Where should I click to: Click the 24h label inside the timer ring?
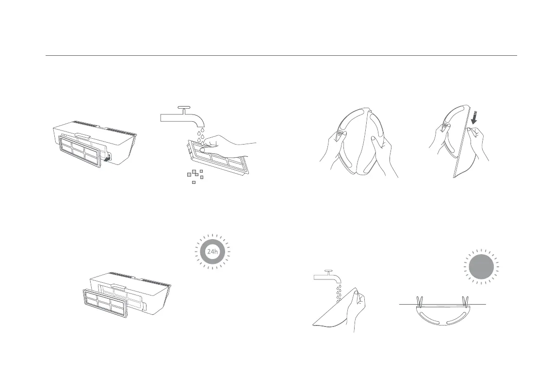click(x=212, y=252)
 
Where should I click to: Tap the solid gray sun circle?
click(x=482, y=267)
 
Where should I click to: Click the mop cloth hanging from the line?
click(x=441, y=318)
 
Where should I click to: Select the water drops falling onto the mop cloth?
click(x=340, y=294)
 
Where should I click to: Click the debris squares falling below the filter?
click(x=195, y=176)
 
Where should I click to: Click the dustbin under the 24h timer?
click(x=141, y=289)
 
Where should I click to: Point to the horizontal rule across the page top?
click(x=281, y=56)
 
